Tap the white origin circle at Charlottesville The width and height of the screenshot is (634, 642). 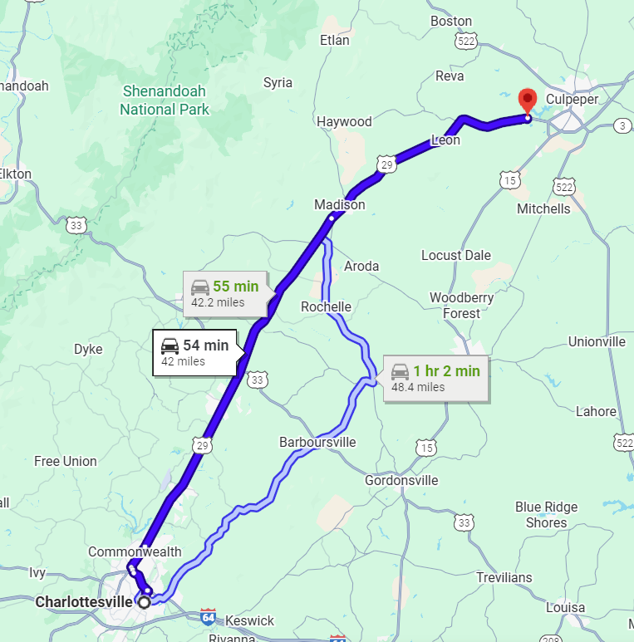[x=145, y=602]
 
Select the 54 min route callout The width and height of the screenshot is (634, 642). [x=196, y=352]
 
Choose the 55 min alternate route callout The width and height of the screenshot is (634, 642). [x=226, y=293]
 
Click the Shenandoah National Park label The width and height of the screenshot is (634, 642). [x=165, y=100]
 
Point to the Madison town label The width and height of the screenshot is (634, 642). [x=339, y=204]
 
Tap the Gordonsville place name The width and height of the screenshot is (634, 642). [x=401, y=480]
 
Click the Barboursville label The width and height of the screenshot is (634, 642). [x=317, y=442]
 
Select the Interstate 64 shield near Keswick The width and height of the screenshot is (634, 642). [x=208, y=617]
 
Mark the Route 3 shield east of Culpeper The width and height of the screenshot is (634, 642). [x=622, y=125]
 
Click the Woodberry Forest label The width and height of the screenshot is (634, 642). [x=461, y=305]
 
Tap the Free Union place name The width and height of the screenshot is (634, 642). [x=66, y=461]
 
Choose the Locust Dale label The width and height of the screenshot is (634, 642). [x=456, y=255]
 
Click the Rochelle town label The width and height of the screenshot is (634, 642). [x=326, y=306]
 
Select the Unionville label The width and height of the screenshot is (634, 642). [x=597, y=341]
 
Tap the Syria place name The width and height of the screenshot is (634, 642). [x=278, y=82]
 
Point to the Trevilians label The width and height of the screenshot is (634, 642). [x=504, y=577]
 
